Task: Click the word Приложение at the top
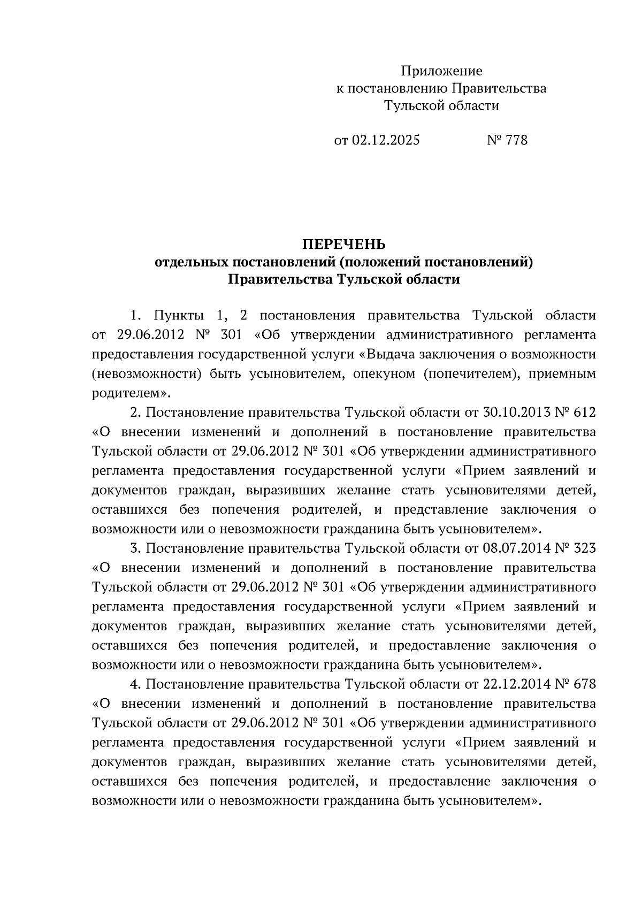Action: [x=441, y=71]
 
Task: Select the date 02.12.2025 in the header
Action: [x=386, y=140]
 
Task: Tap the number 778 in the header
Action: [x=516, y=140]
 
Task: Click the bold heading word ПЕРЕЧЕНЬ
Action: [x=344, y=245]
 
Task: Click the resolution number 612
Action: [x=584, y=413]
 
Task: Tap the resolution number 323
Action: [x=584, y=548]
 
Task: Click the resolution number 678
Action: [x=584, y=684]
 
